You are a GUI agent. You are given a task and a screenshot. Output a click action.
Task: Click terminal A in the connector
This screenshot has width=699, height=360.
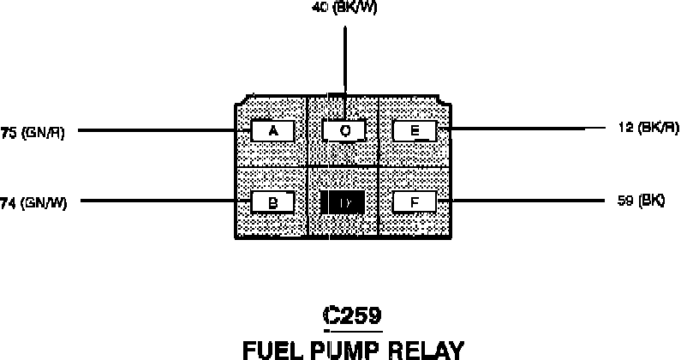coord(272,130)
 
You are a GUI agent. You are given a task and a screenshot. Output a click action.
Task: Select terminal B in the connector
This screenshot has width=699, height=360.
coord(272,202)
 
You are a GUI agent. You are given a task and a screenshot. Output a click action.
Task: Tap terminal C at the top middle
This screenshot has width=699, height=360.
coord(344,130)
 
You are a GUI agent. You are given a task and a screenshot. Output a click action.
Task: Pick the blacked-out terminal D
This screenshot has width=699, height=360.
coord(343,202)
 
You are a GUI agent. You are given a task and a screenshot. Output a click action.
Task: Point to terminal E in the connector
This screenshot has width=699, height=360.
coord(415,130)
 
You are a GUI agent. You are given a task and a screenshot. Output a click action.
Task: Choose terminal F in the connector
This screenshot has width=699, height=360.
coord(415,202)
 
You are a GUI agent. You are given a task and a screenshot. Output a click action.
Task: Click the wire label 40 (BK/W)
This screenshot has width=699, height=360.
coord(344,8)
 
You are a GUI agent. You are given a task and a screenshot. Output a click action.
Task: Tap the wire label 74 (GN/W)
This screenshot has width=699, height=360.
coord(33,202)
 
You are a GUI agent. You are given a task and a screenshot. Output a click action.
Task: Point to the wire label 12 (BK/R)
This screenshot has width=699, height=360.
coord(648,128)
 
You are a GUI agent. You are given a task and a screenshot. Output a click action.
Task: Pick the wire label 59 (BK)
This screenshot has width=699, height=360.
coord(641,201)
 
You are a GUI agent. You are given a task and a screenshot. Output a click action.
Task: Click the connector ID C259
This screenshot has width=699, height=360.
coord(351,315)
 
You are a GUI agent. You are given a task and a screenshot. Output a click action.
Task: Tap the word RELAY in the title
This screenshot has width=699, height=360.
coord(433,349)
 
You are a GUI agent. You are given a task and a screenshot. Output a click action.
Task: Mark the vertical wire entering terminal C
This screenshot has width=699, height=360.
coord(344,60)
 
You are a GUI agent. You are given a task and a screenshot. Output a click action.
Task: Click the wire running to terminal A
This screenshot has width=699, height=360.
coord(154,130)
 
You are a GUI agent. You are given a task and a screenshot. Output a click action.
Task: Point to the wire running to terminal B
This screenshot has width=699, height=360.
coord(154,202)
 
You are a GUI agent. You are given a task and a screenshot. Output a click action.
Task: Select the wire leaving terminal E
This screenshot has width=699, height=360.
coord(514,129)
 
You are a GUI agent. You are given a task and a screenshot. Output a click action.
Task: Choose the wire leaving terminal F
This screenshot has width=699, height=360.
coord(514,201)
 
